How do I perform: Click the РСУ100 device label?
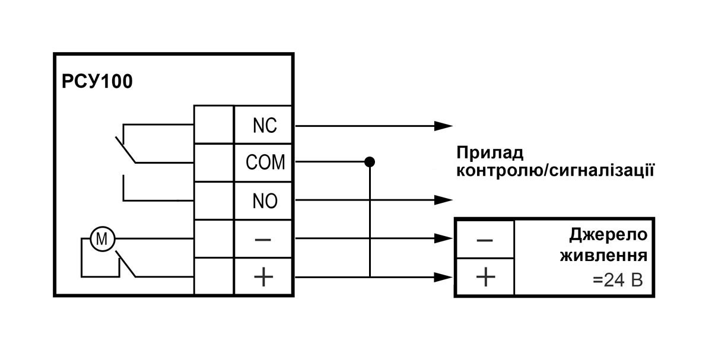coord(97,81)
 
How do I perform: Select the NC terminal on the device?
coord(265,126)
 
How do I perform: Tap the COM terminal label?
coord(265,163)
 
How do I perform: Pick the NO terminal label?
coord(265,201)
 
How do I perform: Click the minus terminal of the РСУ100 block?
coord(264,239)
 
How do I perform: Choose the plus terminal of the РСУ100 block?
coord(264,277)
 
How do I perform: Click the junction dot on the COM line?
coord(370,161)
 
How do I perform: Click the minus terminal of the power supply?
coord(485,239)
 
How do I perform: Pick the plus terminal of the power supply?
coord(485,277)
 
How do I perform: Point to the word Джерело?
coord(608,235)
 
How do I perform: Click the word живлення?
coord(603,257)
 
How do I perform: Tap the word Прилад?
coord(490,153)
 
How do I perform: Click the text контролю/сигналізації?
coord(555,172)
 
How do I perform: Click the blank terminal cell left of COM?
coord(214,163)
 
